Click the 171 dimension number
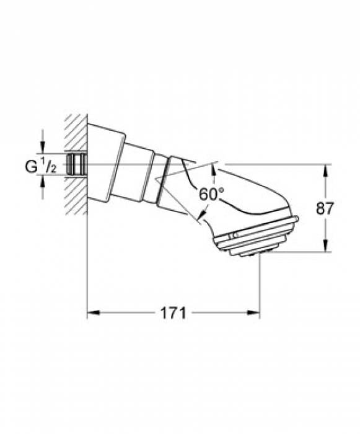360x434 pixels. [x=173, y=313]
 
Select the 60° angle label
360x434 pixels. [x=211, y=193]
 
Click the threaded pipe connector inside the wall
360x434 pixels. [x=77, y=164]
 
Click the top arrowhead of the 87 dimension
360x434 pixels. [x=326, y=169]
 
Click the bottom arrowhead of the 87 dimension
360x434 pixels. [x=326, y=248]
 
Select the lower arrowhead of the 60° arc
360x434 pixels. [x=200, y=218]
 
